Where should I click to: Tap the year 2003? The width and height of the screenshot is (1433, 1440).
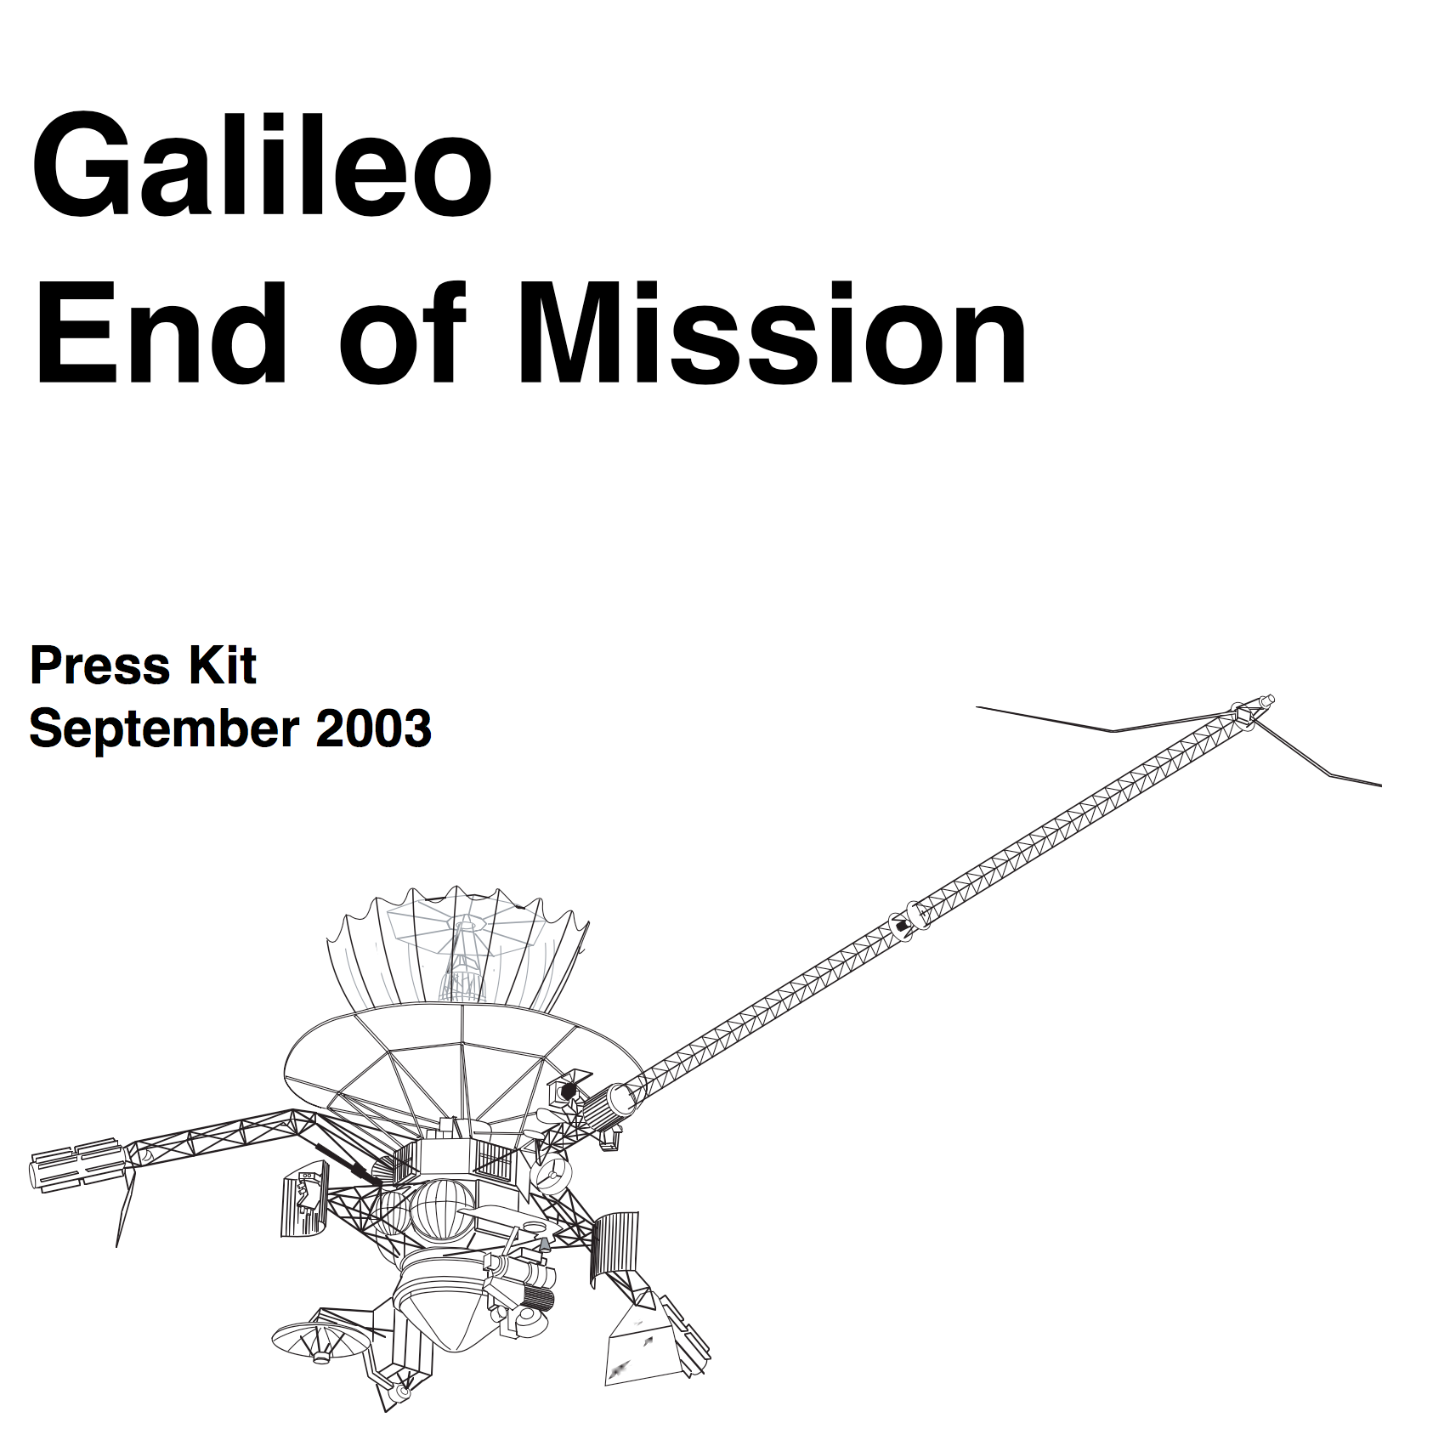(x=374, y=729)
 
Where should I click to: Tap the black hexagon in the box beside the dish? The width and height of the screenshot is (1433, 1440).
(x=567, y=1091)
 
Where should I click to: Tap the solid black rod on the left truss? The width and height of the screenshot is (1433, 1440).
(x=348, y=1163)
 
